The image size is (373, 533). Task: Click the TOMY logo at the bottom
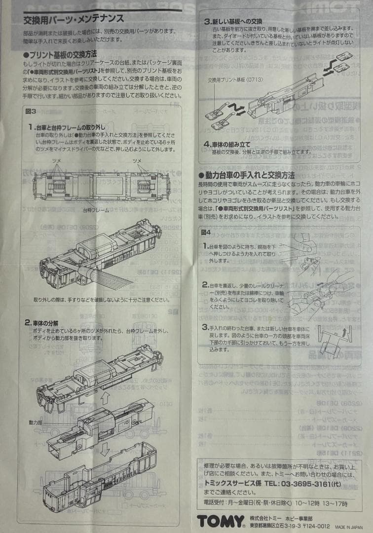(221, 521)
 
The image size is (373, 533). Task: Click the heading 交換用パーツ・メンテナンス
(74, 20)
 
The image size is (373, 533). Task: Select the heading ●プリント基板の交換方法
(60, 54)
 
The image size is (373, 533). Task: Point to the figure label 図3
(31, 112)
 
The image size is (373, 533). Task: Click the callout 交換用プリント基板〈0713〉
(235, 79)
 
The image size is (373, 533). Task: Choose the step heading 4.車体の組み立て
(227, 144)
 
